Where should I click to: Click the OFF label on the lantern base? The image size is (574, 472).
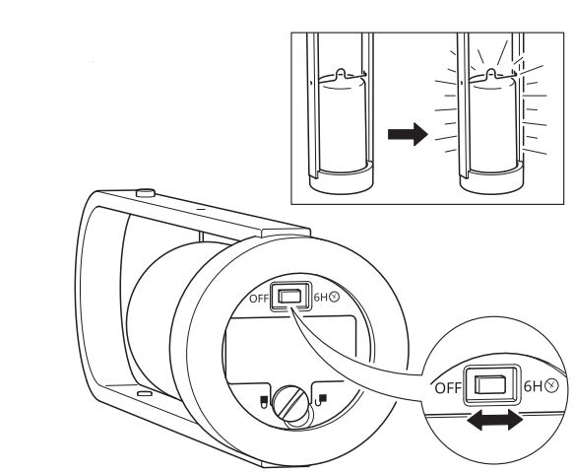(259, 299)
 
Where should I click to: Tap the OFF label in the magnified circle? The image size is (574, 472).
(448, 387)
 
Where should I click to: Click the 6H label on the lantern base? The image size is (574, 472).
(321, 297)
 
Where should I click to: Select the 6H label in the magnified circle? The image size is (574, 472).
(533, 386)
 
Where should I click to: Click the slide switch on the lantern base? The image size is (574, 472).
(289, 296)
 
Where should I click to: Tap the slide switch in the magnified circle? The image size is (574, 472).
(491, 384)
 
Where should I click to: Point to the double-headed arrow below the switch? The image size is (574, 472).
(494, 421)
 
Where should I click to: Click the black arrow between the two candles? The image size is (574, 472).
(408, 134)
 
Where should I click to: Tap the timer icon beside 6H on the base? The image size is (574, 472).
(334, 297)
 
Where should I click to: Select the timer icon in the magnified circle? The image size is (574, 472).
(551, 386)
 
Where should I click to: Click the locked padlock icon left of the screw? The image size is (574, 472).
(262, 401)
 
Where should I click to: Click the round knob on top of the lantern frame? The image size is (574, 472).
(146, 193)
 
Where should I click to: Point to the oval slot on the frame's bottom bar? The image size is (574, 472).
(144, 393)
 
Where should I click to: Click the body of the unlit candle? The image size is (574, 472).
(343, 124)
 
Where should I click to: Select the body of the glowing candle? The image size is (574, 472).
(492, 124)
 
